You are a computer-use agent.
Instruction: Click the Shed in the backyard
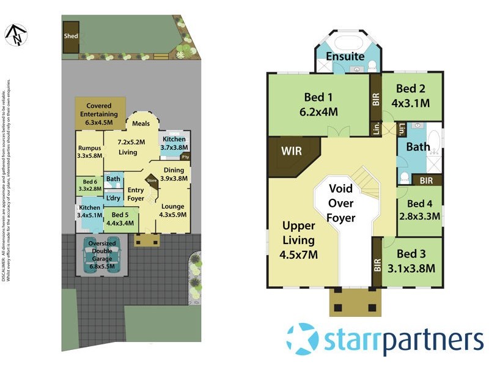coord(71,36)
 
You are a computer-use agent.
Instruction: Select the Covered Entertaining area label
coord(101,114)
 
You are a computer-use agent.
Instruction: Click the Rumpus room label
coord(89,151)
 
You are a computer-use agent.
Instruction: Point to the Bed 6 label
coord(89,185)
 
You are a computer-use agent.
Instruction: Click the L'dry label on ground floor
coord(113,198)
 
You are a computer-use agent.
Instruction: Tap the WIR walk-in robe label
coord(292,150)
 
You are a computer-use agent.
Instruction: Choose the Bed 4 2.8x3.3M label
coord(420,210)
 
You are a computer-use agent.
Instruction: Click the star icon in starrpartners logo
coord(303,339)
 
